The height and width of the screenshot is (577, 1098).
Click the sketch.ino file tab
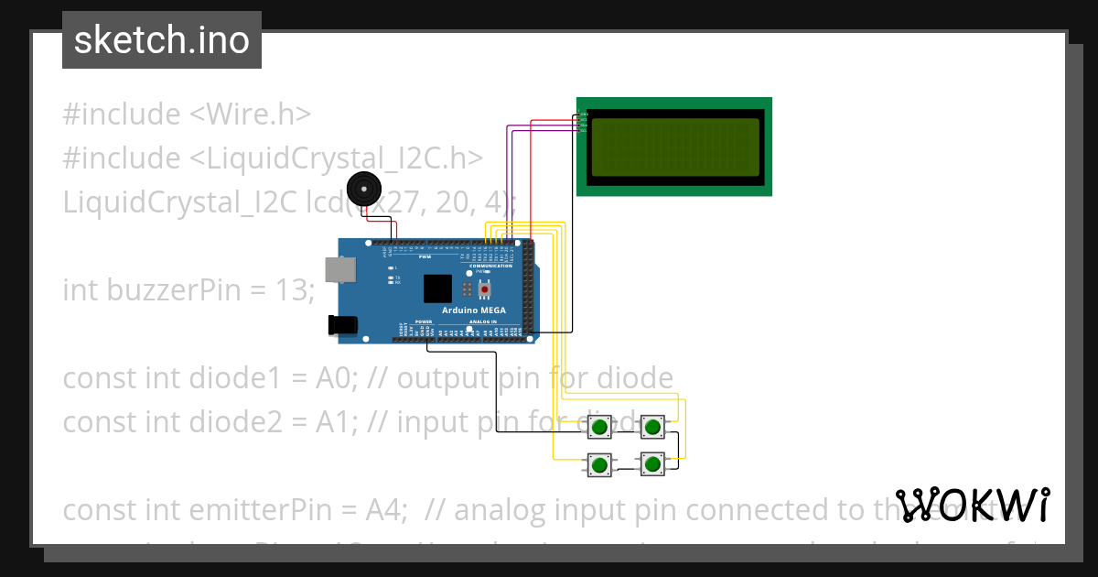161,40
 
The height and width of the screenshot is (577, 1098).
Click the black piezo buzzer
363,189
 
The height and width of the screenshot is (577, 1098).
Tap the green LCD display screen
674,147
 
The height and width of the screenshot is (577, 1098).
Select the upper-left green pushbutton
600,427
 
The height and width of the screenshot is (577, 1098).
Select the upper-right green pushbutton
652,427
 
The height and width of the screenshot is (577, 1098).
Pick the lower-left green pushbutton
600,465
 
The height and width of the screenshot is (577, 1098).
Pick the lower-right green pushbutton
652,465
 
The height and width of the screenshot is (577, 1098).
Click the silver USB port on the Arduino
341,269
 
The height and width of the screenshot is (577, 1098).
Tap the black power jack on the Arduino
343,325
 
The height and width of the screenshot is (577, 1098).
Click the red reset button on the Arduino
484,290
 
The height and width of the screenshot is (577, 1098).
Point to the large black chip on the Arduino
437,288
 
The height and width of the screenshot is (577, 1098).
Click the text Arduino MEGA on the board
473,310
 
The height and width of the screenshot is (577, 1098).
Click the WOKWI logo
972,505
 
